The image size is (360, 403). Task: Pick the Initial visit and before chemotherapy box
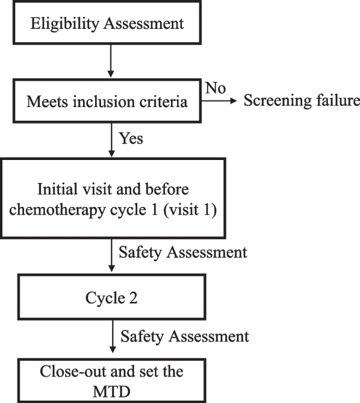113,197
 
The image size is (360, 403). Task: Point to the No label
215,88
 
